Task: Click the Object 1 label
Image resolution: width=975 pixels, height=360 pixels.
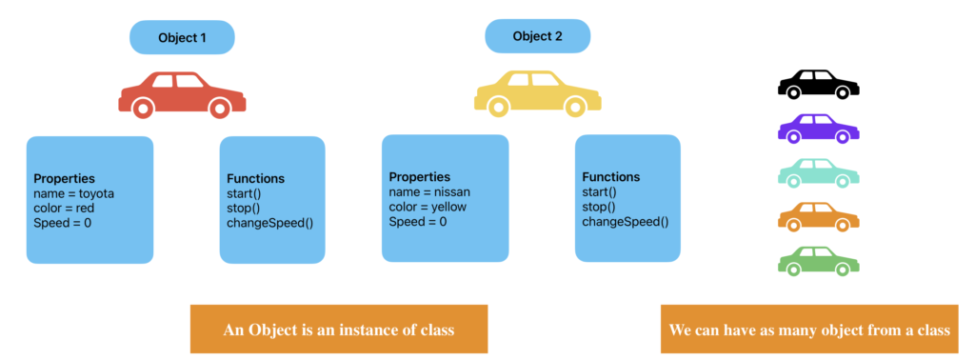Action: [182, 38]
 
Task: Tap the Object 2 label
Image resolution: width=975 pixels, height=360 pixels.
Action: [537, 36]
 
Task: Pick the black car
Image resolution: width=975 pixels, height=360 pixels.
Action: [818, 84]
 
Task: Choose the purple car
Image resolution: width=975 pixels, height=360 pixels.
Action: [818, 129]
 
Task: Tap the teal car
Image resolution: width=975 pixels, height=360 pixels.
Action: [818, 172]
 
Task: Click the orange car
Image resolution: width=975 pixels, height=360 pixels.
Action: [818, 216]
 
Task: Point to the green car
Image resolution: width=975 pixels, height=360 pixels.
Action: [818, 260]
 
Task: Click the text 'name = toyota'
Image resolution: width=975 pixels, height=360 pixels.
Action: [73, 193]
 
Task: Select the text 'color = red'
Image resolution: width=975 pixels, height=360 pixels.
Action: [64, 208]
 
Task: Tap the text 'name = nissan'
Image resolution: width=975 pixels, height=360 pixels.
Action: [430, 192]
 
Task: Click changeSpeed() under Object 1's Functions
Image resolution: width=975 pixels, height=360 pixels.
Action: [269, 223]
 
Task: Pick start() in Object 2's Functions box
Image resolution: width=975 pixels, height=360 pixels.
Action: [601, 192]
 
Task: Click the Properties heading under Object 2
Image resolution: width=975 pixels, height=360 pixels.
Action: [420, 177]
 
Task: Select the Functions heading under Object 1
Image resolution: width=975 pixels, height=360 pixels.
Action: [255, 178]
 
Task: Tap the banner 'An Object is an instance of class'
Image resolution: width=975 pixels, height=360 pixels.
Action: [339, 330]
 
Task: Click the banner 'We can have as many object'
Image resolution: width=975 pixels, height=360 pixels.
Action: [809, 330]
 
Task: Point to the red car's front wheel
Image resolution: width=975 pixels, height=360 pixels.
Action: [219, 110]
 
